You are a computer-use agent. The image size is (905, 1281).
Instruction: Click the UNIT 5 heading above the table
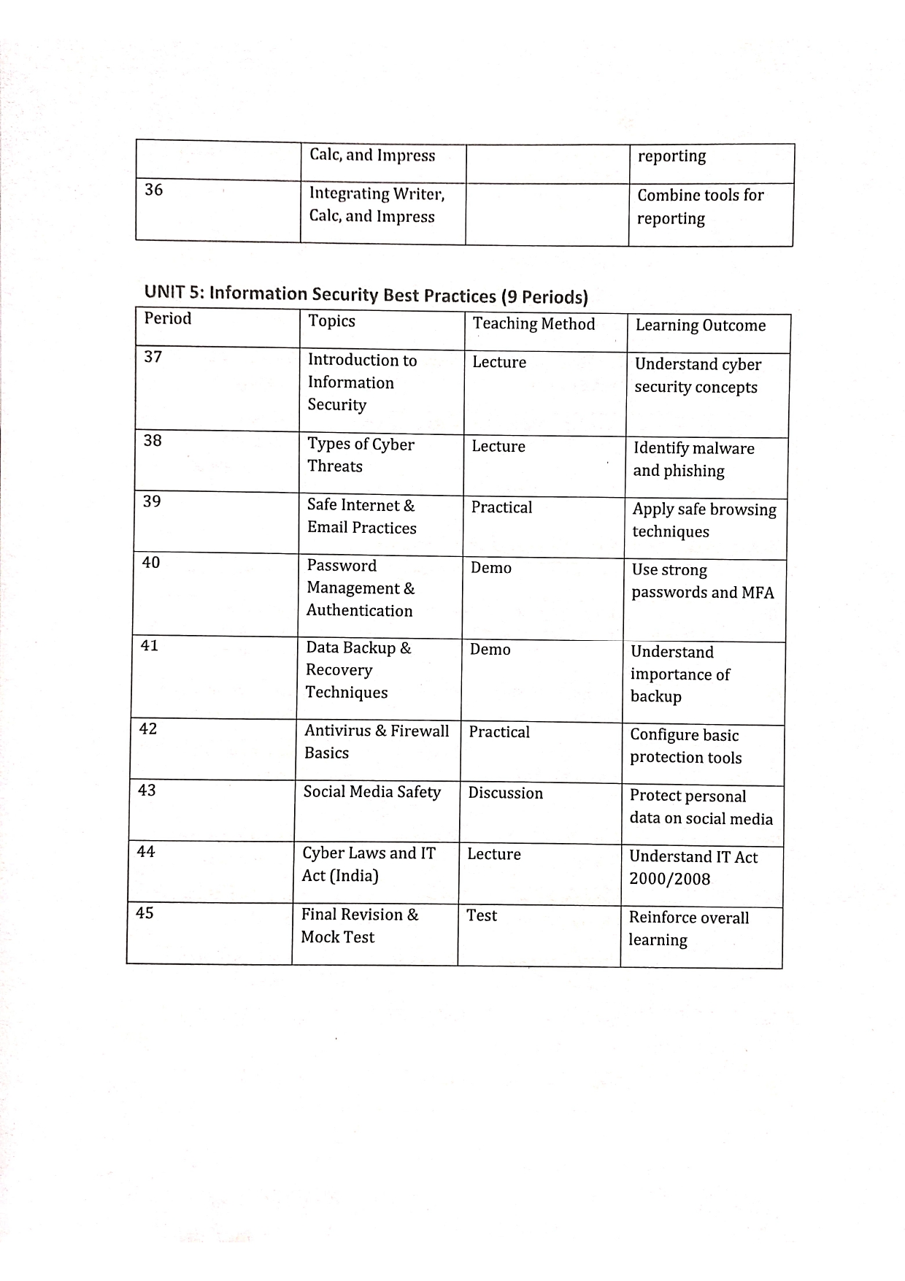point(366,294)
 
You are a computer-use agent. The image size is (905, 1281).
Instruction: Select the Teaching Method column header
point(534,324)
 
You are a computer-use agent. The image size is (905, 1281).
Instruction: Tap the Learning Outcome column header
point(700,326)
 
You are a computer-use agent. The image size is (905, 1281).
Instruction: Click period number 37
point(153,357)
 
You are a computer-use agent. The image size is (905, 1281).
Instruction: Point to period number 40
point(151,563)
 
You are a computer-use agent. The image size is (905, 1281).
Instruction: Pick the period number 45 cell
point(145,913)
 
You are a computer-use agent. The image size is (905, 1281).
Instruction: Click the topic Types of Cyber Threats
point(361,455)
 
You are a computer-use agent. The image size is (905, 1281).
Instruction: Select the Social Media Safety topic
point(372,792)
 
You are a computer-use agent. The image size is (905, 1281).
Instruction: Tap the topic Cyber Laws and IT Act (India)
point(369,864)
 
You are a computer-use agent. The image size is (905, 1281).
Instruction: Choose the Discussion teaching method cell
point(505,793)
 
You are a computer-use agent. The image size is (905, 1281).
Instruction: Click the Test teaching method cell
point(482,915)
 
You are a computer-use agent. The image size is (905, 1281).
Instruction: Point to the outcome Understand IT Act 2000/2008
point(693,868)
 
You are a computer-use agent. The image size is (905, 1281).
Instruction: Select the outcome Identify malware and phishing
point(693,459)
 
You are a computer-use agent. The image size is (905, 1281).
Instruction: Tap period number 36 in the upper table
point(154,191)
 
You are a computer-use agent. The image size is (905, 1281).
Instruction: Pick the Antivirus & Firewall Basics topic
point(377,742)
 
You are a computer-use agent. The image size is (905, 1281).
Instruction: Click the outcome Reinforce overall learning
point(688,928)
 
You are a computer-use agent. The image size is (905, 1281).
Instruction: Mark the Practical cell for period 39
point(501,507)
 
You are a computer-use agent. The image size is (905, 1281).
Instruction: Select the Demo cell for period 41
point(490,650)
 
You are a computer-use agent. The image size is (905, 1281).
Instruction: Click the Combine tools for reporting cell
point(700,207)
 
